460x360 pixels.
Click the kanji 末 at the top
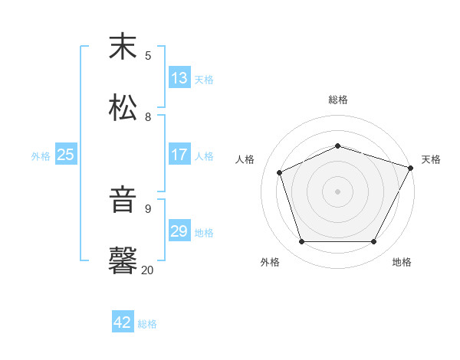coord(123,48)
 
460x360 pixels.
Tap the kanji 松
coord(123,109)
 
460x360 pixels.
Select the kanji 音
coord(123,201)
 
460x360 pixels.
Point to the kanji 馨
coord(123,260)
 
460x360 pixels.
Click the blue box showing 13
coord(179,78)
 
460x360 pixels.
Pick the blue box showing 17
coord(179,155)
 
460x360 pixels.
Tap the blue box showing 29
coord(179,231)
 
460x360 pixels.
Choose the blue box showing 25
coord(66,155)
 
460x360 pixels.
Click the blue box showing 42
coord(123,322)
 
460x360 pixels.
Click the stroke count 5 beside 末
coord(148,55)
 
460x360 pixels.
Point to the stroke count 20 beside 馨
coord(148,269)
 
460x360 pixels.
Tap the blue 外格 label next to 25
coord(41,155)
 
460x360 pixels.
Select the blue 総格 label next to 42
coord(147,323)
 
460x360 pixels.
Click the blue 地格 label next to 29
coord(204,232)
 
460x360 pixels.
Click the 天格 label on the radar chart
coord(431,159)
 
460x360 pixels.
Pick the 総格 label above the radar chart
coord(338,100)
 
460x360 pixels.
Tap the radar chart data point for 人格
coord(280,172)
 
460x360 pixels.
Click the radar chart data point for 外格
coord(301,241)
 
